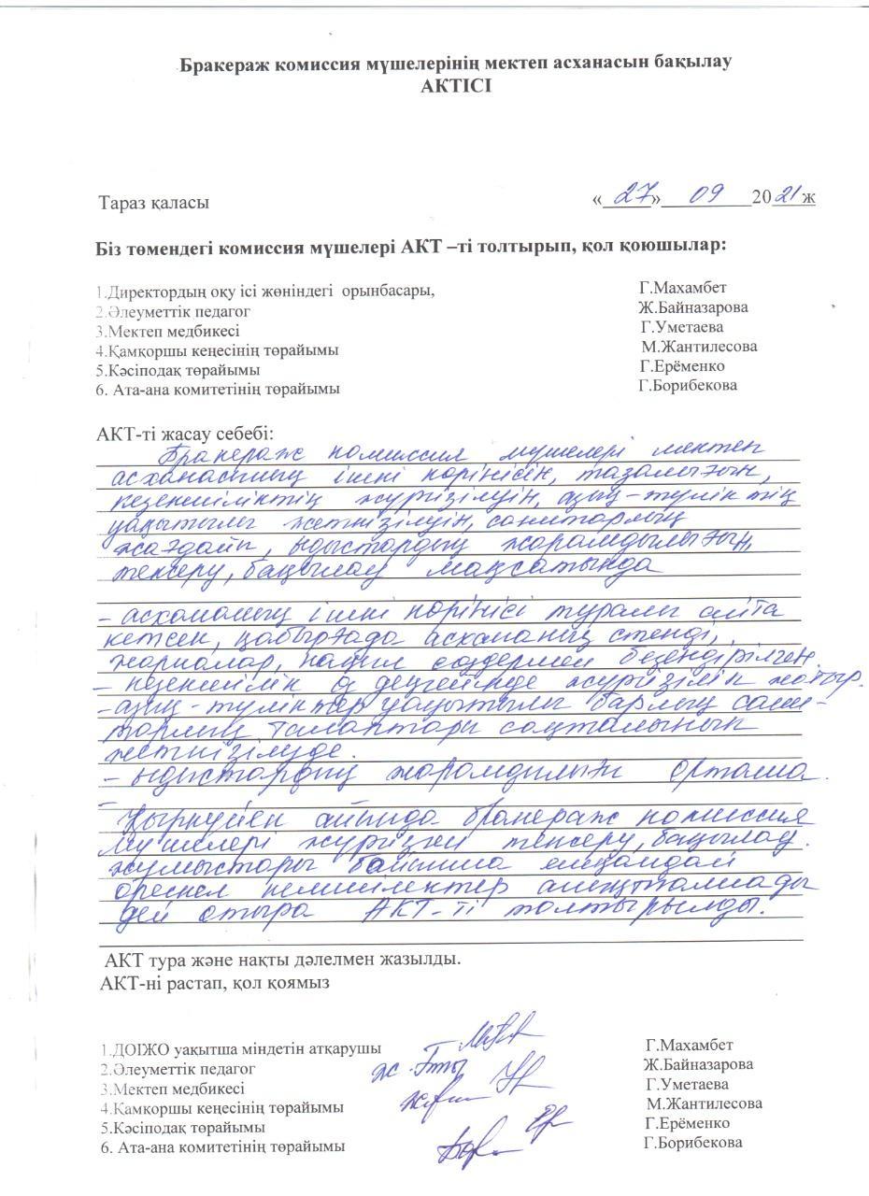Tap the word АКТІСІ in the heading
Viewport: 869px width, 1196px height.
point(455,85)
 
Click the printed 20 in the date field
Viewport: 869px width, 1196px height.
point(761,199)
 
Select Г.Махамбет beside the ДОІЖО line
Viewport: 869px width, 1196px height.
point(689,1045)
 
